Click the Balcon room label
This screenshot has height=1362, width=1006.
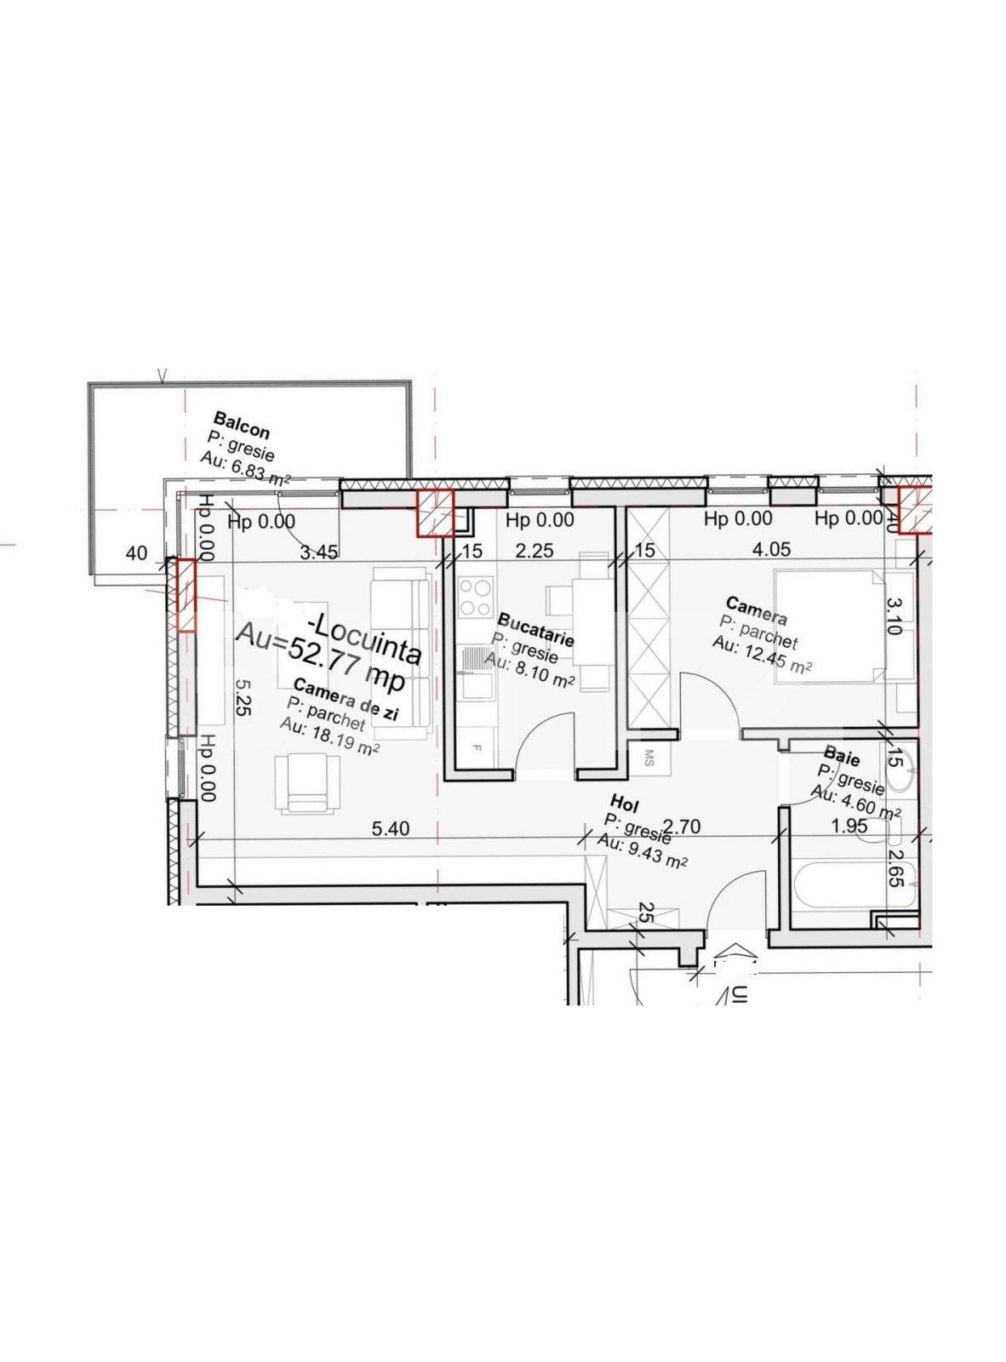[242, 425]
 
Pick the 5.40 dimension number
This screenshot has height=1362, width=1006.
[391, 828]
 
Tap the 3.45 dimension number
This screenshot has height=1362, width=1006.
[319, 552]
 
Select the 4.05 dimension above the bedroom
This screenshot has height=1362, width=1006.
[772, 550]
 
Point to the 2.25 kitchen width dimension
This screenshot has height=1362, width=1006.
[534, 552]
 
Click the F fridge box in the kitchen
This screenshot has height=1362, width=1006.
[476, 748]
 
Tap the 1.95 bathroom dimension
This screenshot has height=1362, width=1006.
[849, 825]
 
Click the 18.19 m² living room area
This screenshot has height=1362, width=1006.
[329, 738]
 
